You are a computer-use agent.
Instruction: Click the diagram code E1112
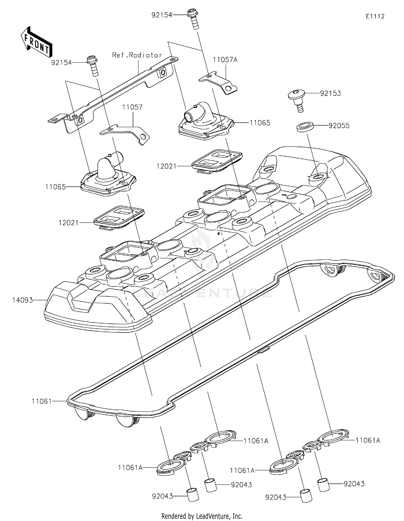(375, 16)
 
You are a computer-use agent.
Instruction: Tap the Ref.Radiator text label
(137, 55)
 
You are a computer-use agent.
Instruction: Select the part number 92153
(330, 93)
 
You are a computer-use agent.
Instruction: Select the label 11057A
(225, 60)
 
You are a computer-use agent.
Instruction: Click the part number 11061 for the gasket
(41, 401)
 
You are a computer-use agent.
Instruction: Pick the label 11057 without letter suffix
(132, 107)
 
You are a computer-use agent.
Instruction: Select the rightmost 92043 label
(354, 484)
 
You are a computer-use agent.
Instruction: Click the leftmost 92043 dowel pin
(193, 494)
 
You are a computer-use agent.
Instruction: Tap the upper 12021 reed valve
(217, 161)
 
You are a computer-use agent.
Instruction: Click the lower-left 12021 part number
(68, 223)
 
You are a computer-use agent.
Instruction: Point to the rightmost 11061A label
(368, 440)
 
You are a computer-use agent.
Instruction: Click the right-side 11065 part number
(260, 123)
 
